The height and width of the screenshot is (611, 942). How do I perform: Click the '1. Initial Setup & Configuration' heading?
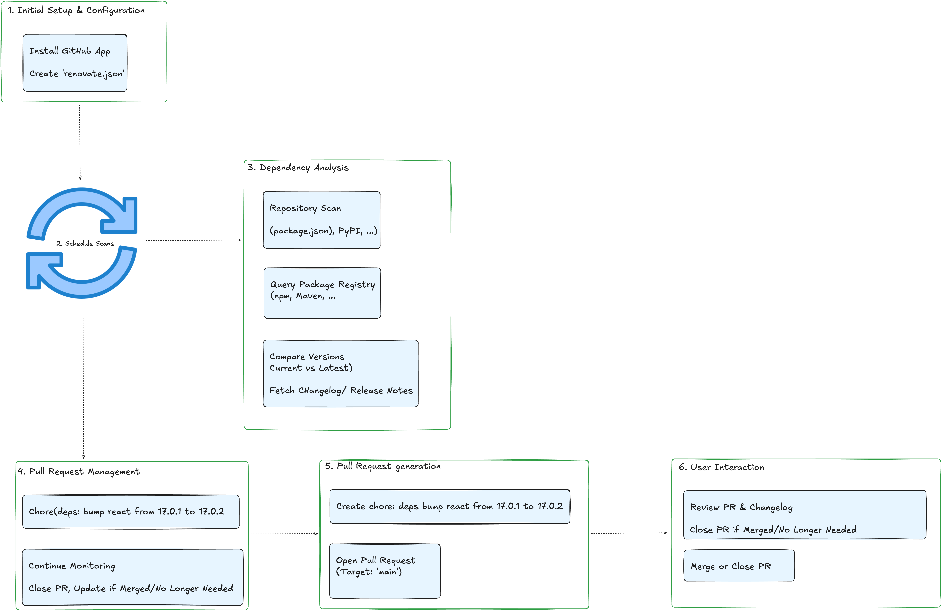[x=76, y=10]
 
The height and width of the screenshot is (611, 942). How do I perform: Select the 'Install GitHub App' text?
[x=70, y=51]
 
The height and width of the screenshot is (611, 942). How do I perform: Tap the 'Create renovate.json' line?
[x=76, y=74]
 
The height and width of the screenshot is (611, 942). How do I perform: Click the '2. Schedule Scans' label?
[x=85, y=243]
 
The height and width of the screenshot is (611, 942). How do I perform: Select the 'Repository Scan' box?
[x=321, y=220]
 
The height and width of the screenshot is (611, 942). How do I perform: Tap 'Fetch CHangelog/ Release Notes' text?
[x=341, y=391]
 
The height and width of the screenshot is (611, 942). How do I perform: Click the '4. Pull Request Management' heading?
[x=79, y=471]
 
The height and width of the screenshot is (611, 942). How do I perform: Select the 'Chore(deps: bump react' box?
[x=131, y=512]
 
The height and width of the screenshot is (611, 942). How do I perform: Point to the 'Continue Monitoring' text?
[x=72, y=566]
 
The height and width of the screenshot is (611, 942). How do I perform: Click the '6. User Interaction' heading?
[x=721, y=467]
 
